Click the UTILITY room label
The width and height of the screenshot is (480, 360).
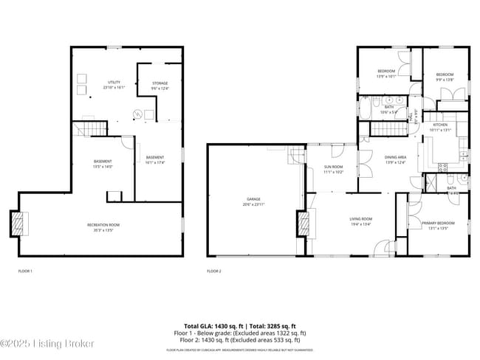coord(114,83)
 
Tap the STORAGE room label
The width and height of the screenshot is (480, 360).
coord(160,83)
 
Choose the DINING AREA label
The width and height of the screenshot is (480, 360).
coord(396,157)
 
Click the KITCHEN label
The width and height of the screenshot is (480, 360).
coord(440,125)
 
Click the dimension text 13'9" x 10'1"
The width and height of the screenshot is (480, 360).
coord(387,75)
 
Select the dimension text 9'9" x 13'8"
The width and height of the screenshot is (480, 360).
coord(444,79)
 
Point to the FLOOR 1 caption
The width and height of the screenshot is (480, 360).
coord(26,271)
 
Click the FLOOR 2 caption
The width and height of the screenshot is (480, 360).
coord(213,271)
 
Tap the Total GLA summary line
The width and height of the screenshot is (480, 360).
coord(239,325)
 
